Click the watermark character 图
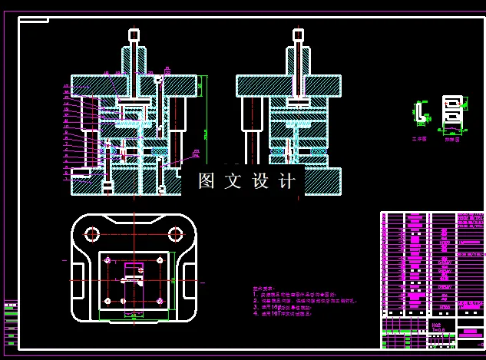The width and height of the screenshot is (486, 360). point(206,181)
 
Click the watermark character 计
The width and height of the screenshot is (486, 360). point(288,181)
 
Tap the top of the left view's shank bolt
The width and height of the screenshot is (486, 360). point(134,35)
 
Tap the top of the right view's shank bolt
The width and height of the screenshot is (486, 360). point(298,35)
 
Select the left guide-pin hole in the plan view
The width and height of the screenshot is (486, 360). point(92,233)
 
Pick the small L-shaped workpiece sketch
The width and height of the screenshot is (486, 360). point(418,114)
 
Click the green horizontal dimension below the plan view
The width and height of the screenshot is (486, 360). point(134,316)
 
